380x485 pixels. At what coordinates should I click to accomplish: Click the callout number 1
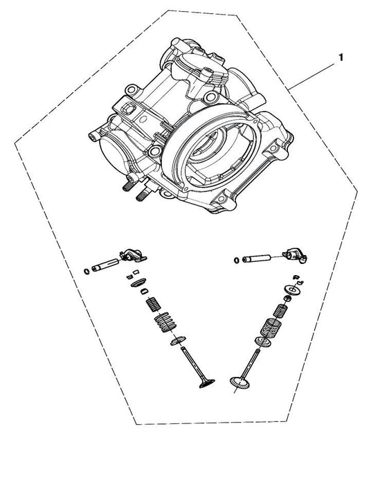(341, 58)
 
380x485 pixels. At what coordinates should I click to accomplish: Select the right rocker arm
(296, 255)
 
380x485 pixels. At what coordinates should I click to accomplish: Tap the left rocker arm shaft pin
(105, 265)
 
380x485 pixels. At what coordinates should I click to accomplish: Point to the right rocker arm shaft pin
(256, 258)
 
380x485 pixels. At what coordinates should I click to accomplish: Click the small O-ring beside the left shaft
(87, 272)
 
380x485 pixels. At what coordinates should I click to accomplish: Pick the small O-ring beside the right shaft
(237, 261)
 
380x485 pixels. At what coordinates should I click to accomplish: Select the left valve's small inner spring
(154, 303)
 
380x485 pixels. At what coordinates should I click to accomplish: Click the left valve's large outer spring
(165, 322)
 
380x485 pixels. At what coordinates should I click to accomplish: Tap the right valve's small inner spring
(280, 310)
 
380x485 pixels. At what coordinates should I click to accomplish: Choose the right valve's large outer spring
(271, 328)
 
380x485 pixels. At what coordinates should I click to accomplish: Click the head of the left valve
(207, 383)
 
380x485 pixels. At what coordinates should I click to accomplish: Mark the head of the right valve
(240, 382)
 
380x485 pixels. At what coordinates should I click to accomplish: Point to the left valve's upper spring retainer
(138, 283)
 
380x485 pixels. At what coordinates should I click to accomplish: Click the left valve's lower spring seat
(179, 340)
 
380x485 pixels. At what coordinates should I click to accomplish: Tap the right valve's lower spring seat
(262, 342)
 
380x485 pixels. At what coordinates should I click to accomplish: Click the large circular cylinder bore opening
(211, 147)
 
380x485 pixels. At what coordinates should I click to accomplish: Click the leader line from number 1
(311, 76)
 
